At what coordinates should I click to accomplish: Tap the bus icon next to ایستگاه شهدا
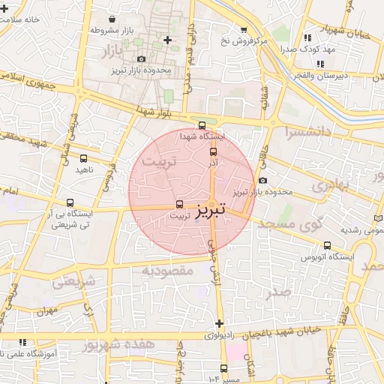[x=201, y=125]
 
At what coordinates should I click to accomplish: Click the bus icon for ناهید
[x=83, y=158]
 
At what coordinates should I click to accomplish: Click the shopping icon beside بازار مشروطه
[x=112, y=19]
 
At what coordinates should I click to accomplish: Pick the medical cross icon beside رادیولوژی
[x=219, y=323]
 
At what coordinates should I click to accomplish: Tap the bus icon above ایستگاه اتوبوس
[x=327, y=245]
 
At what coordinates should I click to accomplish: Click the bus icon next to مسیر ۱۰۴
[x=223, y=367]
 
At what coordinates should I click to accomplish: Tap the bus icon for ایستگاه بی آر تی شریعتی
[x=70, y=202]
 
